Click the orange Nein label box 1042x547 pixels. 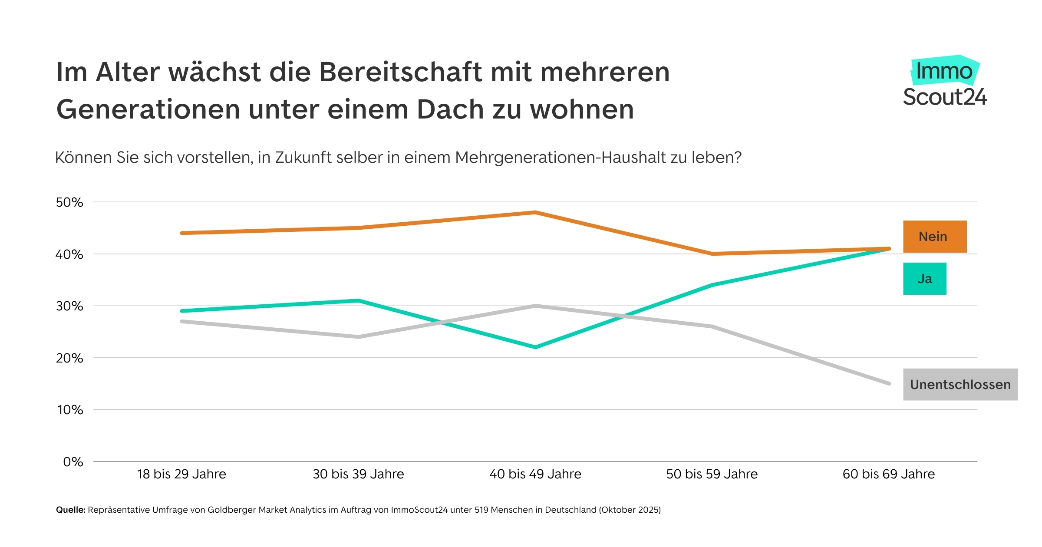coord(934,237)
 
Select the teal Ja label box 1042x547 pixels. coord(924,279)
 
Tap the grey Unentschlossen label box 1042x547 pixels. coord(960,385)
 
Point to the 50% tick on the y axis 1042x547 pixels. coord(69,202)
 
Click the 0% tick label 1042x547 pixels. coord(73,462)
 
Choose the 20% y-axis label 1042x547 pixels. coord(69,358)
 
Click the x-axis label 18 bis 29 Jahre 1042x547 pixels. coord(181,474)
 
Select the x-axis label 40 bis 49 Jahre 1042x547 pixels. coord(535,474)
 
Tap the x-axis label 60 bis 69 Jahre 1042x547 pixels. coord(888,474)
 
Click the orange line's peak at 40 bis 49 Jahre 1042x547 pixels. coord(535,212)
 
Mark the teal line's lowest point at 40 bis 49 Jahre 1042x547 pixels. coord(535,347)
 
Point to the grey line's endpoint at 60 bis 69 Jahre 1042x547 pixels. coord(889,384)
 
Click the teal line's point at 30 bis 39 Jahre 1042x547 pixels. coord(358,300)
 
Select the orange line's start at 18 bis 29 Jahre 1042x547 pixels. coord(182,233)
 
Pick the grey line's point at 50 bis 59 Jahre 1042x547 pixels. coord(712,326)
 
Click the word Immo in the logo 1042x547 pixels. coord(944,71)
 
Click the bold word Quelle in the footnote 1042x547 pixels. coord(70,510)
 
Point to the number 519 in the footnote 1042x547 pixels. coord(482,510)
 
